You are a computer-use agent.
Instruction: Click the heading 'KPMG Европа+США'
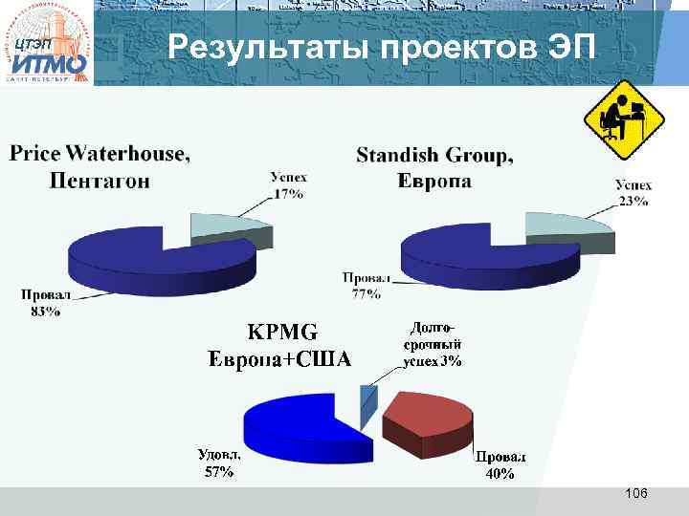pyautogui.click(x=279, y=345)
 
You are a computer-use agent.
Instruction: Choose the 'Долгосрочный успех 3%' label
pyautogui.click(x=432, y=344)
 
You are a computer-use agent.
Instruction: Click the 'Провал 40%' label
pyautogui.click(x=500, y=464)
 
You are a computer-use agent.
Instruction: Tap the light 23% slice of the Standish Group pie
pyautogui.click(x=565, y=226)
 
